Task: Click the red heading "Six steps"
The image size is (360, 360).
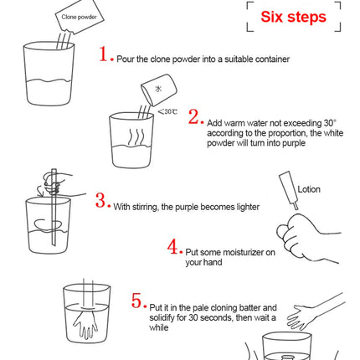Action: tap(293, 17)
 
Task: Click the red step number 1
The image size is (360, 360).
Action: tap(103, 54)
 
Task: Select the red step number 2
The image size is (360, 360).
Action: tap(193, 116)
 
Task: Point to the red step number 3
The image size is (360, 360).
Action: tap(100, 200)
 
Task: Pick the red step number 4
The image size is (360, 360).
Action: tap(172, 247)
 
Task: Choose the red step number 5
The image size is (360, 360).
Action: tap(136, 301)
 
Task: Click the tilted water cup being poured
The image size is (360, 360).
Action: tap(159, 90)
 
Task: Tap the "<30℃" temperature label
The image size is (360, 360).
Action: tap(167, 112)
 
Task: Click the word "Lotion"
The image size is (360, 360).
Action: tap(309, 189)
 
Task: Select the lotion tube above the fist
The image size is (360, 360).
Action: tap(290, 190)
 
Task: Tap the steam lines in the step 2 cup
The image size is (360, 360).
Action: tap(136, 137)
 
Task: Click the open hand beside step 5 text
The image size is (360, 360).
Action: tap(316, 312)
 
